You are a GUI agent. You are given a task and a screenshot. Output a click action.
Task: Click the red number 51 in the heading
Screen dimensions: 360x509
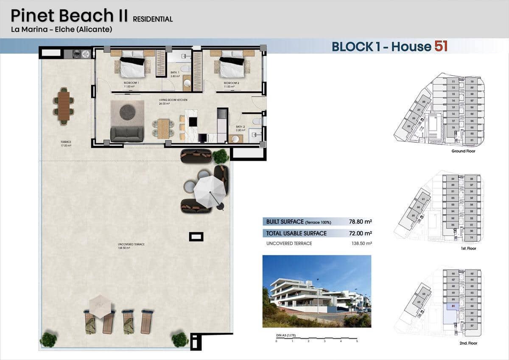pos(441,46)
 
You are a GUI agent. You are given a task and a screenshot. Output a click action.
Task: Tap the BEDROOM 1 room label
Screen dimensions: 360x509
pos(131,83)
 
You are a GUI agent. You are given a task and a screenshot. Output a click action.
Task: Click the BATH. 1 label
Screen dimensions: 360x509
pos(175,73)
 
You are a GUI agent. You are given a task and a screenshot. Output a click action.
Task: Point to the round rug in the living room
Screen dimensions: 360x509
pos(127,112)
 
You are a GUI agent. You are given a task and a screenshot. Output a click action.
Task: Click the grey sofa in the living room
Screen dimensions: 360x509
pos(127,134)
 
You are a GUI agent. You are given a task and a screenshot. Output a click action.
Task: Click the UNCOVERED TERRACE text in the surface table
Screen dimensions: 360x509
pos(289,243)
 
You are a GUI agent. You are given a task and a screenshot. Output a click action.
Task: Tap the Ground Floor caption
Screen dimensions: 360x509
pos(463,151)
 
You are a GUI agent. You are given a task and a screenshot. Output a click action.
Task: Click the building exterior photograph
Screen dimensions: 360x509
pos(316,291)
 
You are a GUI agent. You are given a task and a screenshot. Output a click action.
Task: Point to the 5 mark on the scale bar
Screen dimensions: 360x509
pos(357,341)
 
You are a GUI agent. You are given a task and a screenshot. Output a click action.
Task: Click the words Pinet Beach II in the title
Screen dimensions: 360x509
pos(69,16)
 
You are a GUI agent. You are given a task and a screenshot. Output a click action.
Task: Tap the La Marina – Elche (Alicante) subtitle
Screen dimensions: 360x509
pos(62,30)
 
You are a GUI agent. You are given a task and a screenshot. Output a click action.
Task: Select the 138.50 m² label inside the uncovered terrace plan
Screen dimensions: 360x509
pos(124,248)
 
